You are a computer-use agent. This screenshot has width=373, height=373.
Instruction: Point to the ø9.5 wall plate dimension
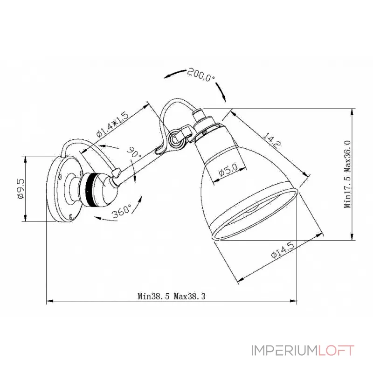pos(20,189)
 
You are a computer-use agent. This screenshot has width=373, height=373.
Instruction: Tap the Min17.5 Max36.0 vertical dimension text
pos(347,173)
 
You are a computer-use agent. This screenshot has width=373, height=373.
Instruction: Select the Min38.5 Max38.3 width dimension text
pos(172,296)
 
